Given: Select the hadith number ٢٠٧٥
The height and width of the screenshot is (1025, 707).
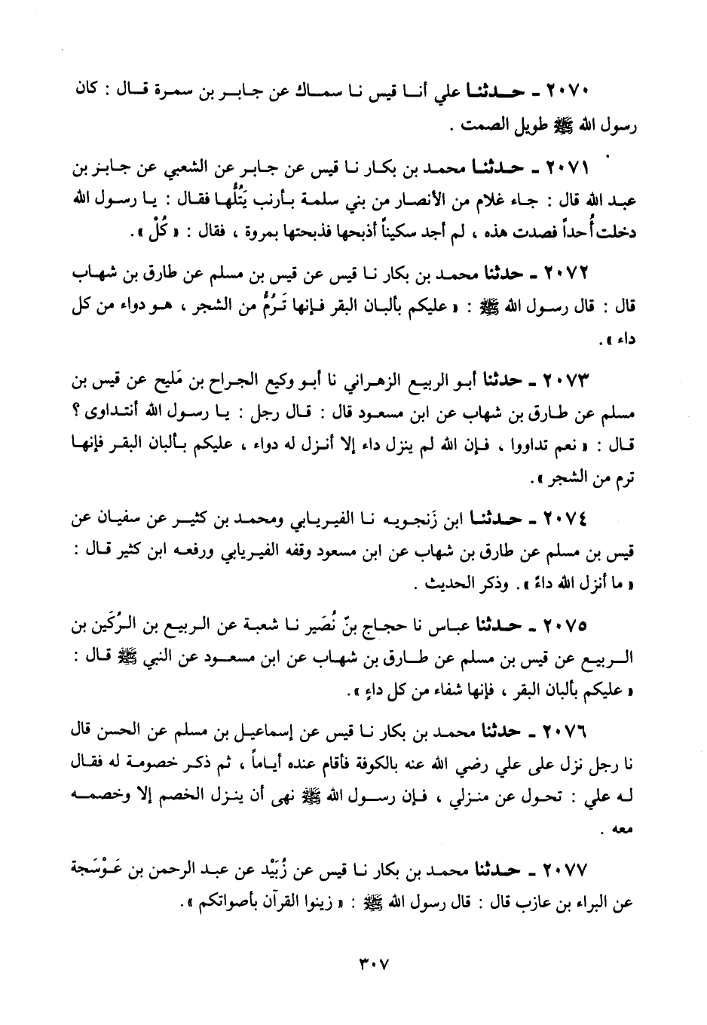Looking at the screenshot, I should [570, 625].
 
